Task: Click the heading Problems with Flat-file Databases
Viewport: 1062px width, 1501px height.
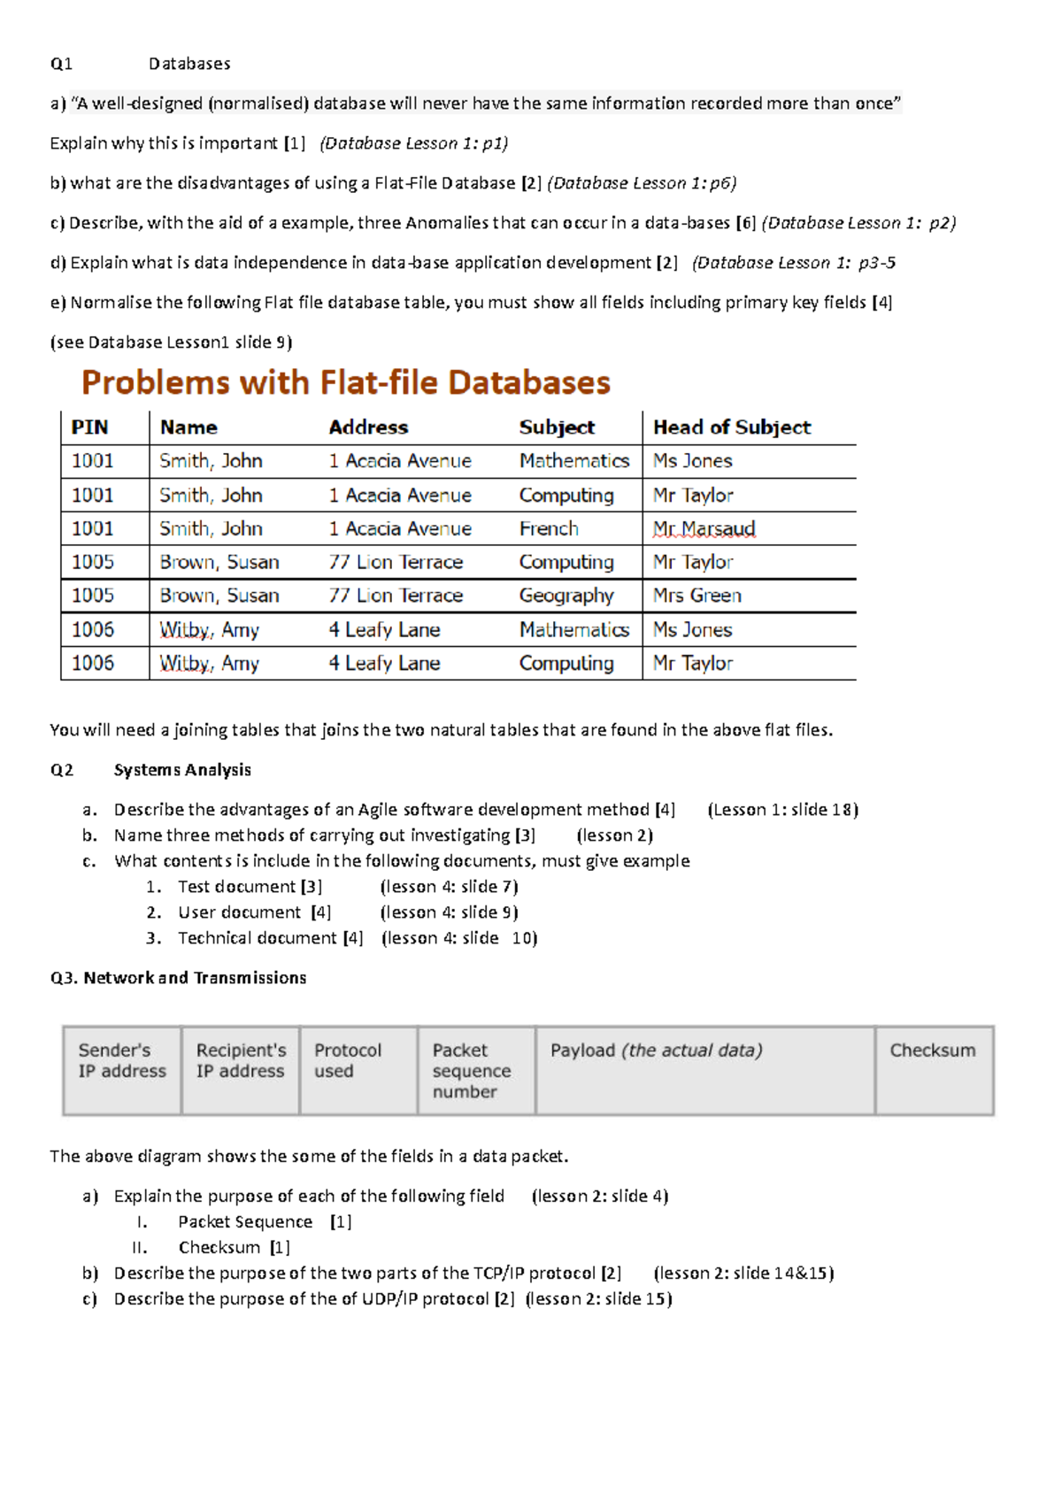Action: click(x=345, y=382)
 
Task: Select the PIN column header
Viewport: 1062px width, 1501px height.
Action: click(x=89, y=427)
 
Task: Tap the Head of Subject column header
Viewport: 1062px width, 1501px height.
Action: click(x=731, y=427)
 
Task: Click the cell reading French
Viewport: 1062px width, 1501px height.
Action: click(x=549, y=528)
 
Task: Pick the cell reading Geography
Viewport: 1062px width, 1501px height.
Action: click(x=566, y=596)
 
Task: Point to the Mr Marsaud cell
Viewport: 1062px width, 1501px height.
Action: click(x=704, y=528)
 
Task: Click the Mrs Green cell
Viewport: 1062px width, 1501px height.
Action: click(x=696, y=596)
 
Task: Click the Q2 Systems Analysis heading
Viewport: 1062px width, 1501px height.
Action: click(x=181, y=770)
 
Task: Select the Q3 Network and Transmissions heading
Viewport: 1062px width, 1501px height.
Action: click(x=179, y=978)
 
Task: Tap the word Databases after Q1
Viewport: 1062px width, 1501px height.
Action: click(x=189, y=64)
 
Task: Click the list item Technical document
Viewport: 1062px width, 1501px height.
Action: click(x=257, y=938)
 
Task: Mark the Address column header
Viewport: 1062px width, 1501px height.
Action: click(x=368, y=427)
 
